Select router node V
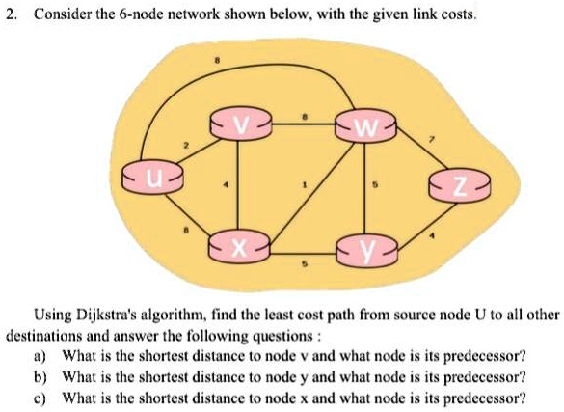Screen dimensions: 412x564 click(x=240, y=124)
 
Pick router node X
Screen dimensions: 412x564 click(x=239, y=248)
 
